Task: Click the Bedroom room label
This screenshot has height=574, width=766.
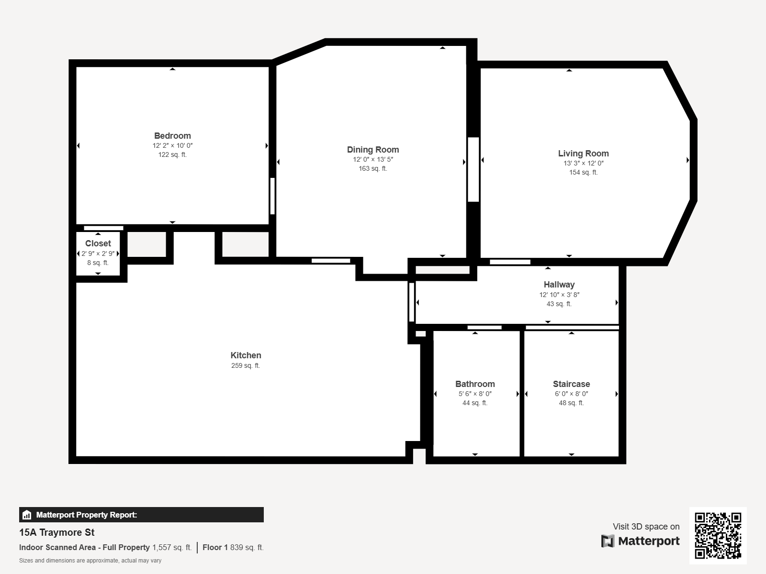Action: [172, 136]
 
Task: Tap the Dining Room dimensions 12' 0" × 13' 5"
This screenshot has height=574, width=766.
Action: [373, 160]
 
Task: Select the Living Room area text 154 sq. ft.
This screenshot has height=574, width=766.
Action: [583, 172]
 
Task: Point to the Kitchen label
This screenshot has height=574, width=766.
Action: [246, 355]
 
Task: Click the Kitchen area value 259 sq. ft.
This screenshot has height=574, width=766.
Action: [246, 366]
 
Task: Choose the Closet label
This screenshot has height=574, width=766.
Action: [98, 243]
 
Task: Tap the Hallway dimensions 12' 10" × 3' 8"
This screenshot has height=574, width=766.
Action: [559, 295]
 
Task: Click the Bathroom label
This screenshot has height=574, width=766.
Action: [475, 384]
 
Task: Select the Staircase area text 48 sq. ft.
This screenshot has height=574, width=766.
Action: [571, 403]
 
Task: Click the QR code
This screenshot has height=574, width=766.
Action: [718, 535]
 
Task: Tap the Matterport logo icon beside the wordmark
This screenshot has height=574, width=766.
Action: [608, 541]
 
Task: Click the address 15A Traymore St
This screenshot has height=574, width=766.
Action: [57, 532]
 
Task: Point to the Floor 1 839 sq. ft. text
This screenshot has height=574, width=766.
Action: [233, 548]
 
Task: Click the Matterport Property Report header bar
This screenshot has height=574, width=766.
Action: [141, 515]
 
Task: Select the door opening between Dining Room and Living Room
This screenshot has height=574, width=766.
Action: [473, 169]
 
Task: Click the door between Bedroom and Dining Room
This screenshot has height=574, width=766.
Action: [272, 196]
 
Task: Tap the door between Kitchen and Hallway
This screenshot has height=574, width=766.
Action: [411, 302]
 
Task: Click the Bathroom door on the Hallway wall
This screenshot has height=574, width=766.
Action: [484, 328]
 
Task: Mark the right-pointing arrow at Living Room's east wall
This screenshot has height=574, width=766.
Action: [687, 160]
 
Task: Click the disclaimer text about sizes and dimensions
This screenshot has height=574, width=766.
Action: [90, 561]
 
